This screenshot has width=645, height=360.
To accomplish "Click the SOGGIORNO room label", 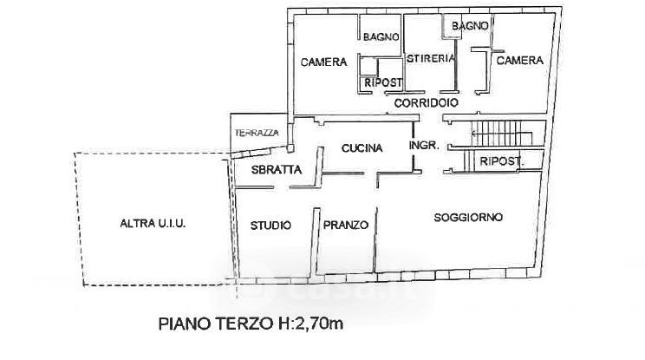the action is [x=468, y=217].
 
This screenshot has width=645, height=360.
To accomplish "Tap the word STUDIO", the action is [x=270, y=225].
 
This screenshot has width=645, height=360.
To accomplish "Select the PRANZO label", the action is [x=346, y=225].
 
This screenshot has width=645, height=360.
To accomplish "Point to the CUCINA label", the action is [x=362, y=147].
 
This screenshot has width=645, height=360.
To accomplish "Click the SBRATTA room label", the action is [x=277, y=169].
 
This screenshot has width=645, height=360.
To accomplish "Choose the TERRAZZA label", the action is [x=257, y=133].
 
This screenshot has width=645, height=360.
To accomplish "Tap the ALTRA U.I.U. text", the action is [x=153, y=224].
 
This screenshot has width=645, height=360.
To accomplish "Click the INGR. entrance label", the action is [x=424, y=145].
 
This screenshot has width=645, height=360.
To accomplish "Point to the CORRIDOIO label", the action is [x=427, y=103].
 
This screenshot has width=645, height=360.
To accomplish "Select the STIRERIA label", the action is [x=431, y=58].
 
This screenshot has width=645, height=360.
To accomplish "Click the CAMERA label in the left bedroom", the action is [x=323, y=62].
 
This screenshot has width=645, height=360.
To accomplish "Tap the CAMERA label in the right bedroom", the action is [x=520, y=61].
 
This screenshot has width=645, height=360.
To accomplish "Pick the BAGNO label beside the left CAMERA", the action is [x=381, y=37].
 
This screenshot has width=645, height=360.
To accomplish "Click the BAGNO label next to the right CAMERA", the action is [x=470, y=26].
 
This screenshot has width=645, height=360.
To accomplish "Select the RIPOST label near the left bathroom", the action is [x=383, y=82].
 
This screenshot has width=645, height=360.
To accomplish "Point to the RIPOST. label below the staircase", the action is [x=502, y=161].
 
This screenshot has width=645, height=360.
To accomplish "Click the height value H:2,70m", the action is [x=309, y=324].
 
